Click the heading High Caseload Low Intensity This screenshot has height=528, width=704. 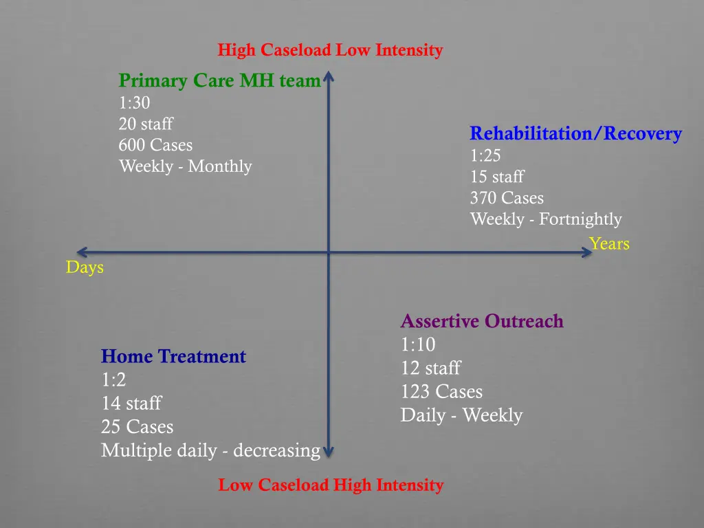(x=330, y=50)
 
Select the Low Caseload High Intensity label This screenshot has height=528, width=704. (x=331, y=485)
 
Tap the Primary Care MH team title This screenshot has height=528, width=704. (x=219, y=81)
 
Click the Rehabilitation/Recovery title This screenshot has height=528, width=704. (x=575, y=133)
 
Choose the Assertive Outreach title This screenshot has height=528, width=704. (x=481, y=321)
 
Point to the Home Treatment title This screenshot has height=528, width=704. (x=173, y=356)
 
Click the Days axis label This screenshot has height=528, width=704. (x=85, y=267)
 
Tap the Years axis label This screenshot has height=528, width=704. (x=608, y=243)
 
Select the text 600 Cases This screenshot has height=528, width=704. (x=155, y=145)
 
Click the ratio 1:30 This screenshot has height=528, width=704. (x=134, y=103)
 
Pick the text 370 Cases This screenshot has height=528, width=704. (x=507, y=198)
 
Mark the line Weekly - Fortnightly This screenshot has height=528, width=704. (x=545, y=219)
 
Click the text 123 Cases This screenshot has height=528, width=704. (x=441, y=392)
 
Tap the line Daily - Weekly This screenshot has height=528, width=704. (x=461, y=415)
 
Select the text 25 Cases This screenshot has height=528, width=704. (x=137, y=427)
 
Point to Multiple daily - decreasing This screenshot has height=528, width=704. (x=210, y=450)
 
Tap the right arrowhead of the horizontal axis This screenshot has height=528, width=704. (x=586, y=252)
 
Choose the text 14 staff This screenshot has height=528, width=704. (x=131, y=404)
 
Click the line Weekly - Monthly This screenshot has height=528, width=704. (x=185, y=166)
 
